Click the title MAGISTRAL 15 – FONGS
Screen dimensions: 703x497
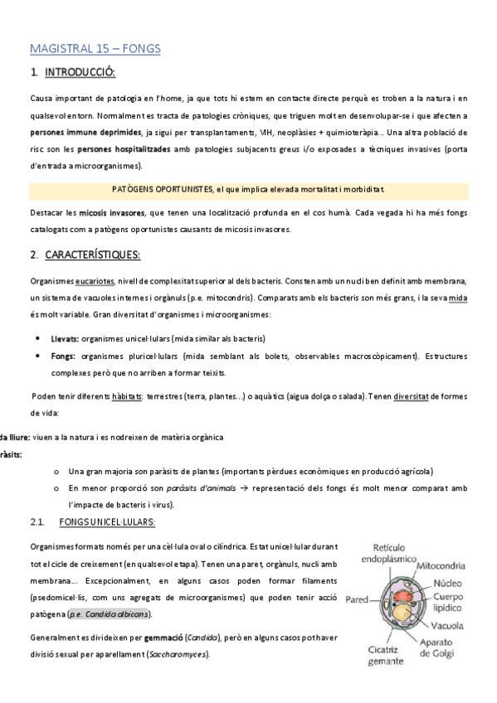pyautogui.click(x=95, y=49)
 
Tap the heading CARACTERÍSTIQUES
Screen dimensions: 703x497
pyautogui.click(x=93, y=255)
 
